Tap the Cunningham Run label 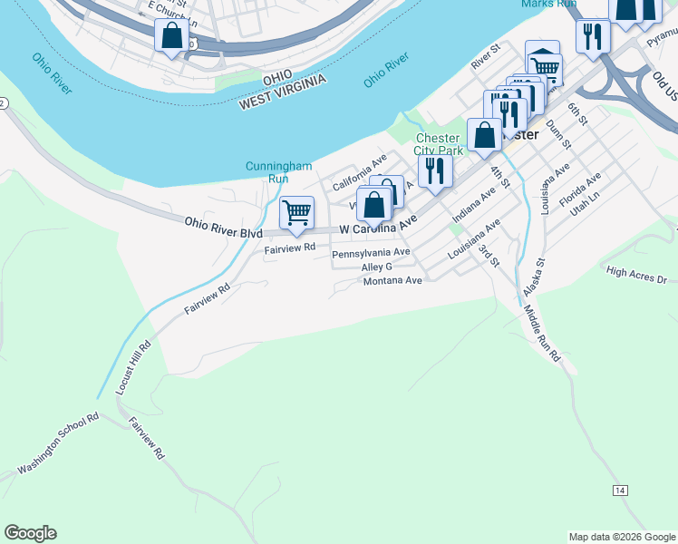point(266,172)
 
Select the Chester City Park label point(439,144)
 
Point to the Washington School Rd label point(58,445)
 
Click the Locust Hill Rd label point(132,367)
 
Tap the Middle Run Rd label point(542,335)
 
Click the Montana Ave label point(392,281)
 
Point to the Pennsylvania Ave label point(371,253)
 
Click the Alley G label point(376,267)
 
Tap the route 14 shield point(620,491)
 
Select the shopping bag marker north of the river point(171,36)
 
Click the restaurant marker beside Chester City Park point(435,170)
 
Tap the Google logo point(30,533)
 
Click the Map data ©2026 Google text point(622,537)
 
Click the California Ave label point(359,178)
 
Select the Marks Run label point(549,4)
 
